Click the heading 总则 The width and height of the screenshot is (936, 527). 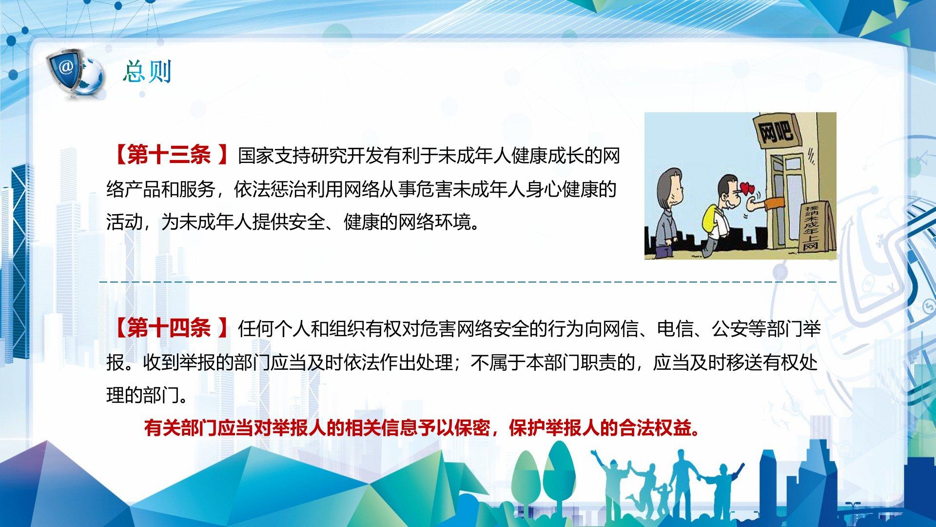click(147, 72)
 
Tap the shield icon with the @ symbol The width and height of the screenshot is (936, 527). click(66, 70)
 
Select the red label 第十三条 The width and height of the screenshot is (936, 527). click(169, 156)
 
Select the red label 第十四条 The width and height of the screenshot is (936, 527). click(169, 328)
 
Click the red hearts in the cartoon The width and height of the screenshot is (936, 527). click(746, 187)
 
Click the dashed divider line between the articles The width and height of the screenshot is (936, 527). click(468, 282)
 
